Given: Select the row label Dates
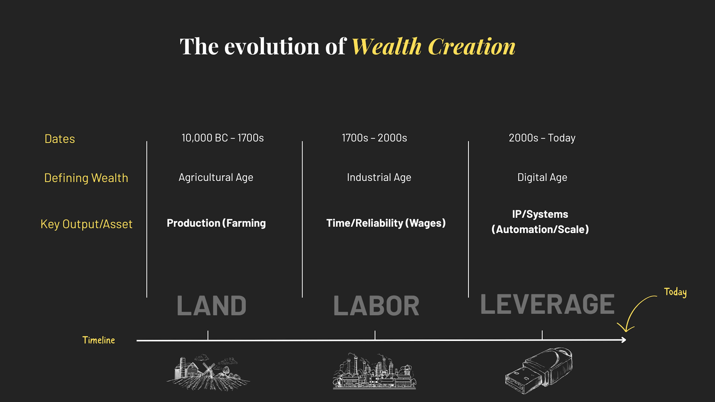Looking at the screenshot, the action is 60,139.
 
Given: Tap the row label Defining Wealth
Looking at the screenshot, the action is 86,178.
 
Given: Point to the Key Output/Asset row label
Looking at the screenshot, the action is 86,224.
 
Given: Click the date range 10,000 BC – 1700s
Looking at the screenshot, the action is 223,138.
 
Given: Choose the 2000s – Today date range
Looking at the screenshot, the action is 542,138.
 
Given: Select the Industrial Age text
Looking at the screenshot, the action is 379,177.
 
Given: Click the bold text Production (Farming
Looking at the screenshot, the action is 216,223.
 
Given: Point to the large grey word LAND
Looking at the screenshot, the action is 212,305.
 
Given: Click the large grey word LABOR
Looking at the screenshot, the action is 376,305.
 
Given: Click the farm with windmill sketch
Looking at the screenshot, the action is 208,372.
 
